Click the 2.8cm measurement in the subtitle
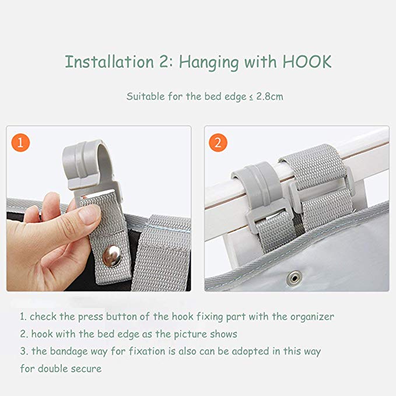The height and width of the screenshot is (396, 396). [x=269, y=96]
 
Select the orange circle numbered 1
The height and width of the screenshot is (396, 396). [x=20, y=142]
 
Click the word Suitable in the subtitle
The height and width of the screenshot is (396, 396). [x=145, y=96]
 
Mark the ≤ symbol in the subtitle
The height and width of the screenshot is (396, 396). [x=251, y=97]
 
